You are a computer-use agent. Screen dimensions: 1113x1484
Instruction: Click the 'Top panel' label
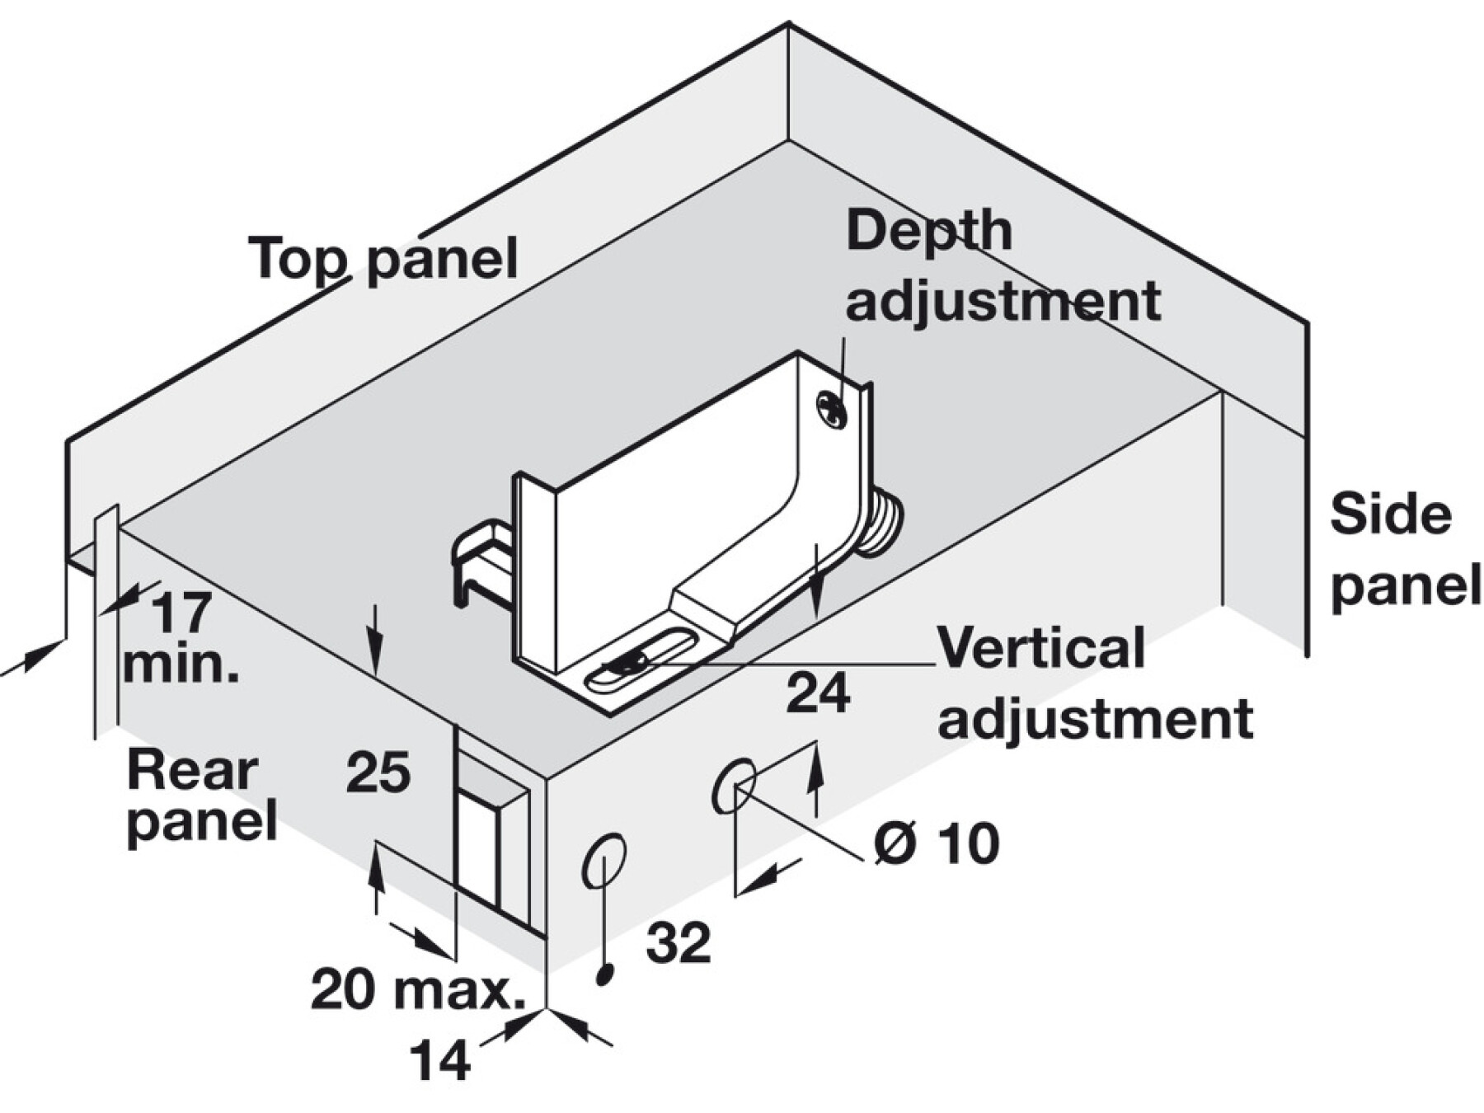coord(384,259)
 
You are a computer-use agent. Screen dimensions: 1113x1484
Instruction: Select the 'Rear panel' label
coord(200,796)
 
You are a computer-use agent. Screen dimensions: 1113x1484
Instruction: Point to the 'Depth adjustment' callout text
coord(1002,265)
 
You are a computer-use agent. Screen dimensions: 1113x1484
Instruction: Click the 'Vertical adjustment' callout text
coord(1094,683)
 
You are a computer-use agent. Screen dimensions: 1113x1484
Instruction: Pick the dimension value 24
coord(817,693)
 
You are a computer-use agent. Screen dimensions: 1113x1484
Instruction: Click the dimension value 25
coord(378,773)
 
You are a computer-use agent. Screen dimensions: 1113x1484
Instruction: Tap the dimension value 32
coord(678,942)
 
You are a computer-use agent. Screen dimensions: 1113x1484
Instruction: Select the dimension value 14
coord(439,1060)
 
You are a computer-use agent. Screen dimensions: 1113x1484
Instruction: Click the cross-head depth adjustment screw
coord(831,410)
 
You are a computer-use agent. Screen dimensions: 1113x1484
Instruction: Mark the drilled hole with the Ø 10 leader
coord(733,785)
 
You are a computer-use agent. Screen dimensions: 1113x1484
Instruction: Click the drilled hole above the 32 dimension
coord(604,861)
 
